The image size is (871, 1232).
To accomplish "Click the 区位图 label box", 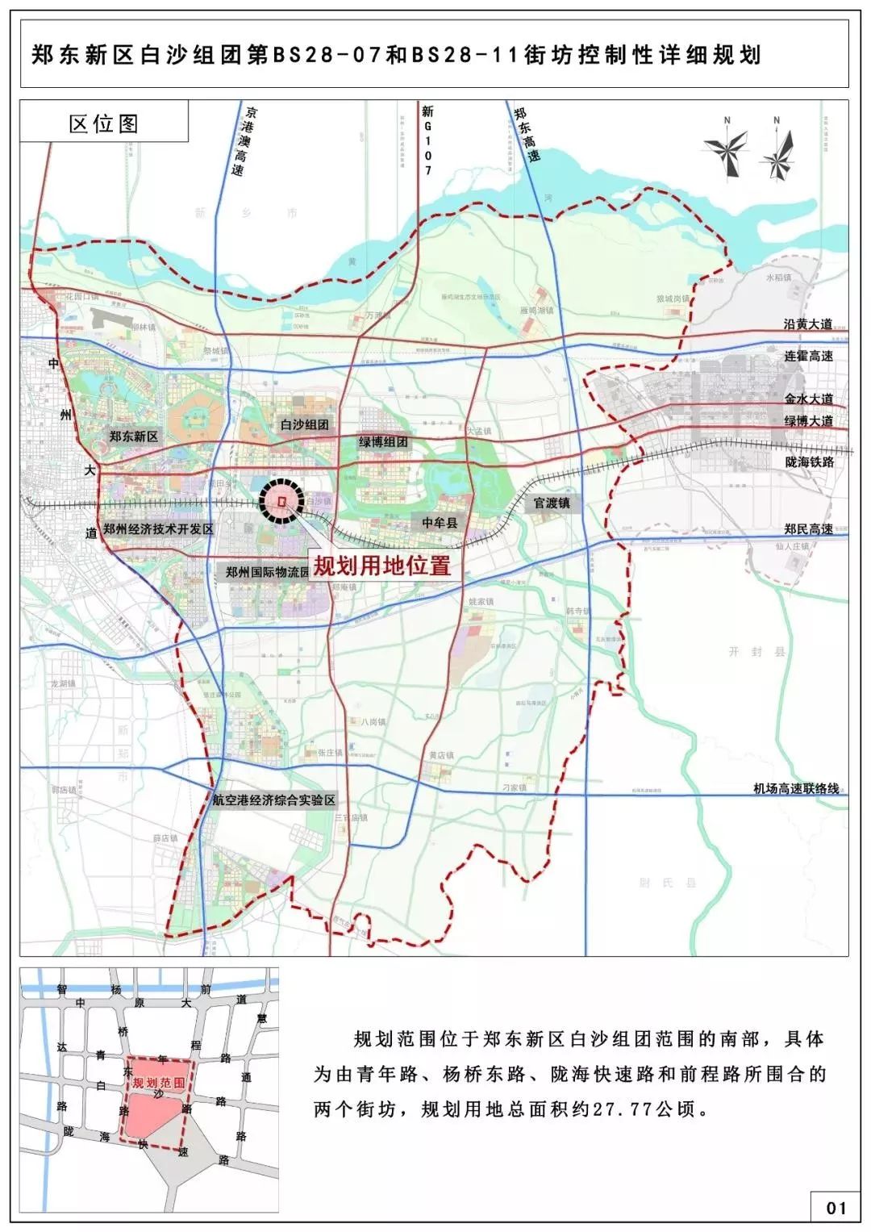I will coord(104,123).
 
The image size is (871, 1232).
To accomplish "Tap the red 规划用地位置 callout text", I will coord(381,565).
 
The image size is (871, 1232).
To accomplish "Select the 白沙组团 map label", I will coord(305,424).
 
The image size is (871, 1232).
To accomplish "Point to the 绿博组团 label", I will coord(384,442).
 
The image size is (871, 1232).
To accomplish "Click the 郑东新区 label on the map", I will coord(134,436).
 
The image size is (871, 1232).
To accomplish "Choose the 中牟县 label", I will coord(440,524).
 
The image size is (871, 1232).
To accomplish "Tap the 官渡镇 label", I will coord(552,503).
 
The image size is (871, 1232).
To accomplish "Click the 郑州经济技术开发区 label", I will coord(158,529).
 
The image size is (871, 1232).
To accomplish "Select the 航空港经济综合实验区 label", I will coord(273,800).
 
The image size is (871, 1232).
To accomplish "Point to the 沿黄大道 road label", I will coord(808,324).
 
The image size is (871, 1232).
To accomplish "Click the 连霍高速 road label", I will coord(808,356).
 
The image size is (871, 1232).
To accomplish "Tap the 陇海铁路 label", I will coord(808,462).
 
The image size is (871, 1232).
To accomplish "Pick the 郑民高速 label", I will coord(808,529).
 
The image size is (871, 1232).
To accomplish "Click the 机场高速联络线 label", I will coord(796,788).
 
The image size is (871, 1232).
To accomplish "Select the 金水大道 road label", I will coord(808,399).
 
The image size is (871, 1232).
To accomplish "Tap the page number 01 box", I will coord(836,1208).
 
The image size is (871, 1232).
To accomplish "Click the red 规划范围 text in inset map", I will coord(159,1083).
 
